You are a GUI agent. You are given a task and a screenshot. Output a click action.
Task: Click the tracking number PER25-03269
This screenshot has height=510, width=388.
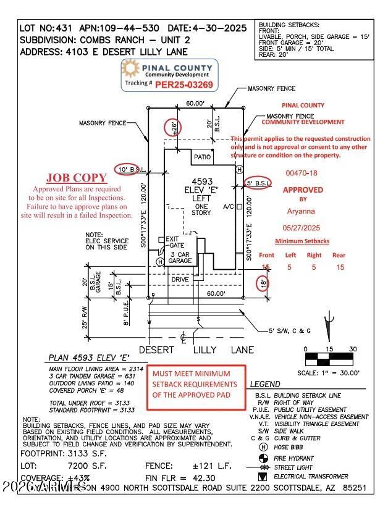pos(183,85)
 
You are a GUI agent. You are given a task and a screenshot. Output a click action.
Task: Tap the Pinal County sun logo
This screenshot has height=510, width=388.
pos(131,69)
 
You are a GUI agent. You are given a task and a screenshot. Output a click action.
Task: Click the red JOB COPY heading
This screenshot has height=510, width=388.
pos(77,178)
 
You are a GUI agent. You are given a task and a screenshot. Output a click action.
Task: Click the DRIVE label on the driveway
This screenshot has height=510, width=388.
pos(180,280)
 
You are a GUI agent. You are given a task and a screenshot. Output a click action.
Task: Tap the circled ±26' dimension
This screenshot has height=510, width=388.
pos(174,128)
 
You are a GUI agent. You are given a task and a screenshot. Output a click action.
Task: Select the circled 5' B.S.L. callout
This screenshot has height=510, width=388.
pos(257,183)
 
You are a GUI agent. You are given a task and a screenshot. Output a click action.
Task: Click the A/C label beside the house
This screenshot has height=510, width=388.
pos(227,207)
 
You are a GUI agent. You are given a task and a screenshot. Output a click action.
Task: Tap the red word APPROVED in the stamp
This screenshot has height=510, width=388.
pos(303,190)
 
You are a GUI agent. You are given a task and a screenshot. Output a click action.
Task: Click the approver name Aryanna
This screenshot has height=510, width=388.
pos(302,211)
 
